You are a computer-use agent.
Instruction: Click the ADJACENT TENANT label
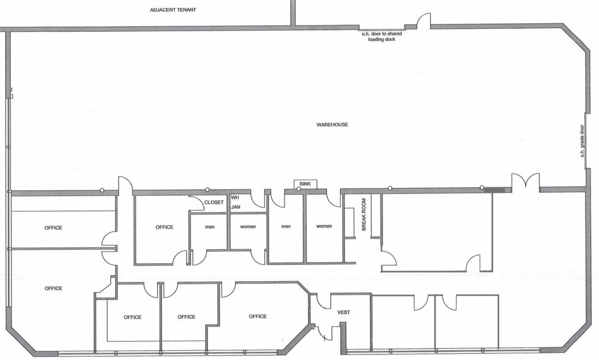tap(173, 10)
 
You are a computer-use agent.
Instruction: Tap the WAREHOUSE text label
tap(332, 124)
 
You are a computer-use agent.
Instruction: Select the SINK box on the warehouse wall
tap(305, 184)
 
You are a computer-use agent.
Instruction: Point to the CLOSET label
tap(214, 202)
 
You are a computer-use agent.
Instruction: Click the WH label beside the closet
tap(235, 198)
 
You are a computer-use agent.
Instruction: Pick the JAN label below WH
tap(236, 207)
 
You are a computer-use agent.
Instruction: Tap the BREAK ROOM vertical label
tap(363, 214)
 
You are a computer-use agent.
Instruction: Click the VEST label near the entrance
tap(343, 312)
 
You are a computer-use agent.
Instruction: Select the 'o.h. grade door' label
tap(582, 141)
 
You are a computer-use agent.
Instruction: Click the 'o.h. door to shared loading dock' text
tap(382, 36)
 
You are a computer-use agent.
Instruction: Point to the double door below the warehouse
tap(526, 181)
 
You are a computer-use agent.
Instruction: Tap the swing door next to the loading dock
tap(423, 21)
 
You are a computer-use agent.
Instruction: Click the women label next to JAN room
tap(248, 227)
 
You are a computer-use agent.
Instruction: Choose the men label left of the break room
tap(286, 227)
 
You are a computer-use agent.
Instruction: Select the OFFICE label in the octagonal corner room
tap(258, 317)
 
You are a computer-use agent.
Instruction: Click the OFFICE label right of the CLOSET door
tap(164, 227)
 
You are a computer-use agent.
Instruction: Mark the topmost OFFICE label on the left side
tap(53, 228)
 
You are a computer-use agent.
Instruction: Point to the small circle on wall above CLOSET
tap(207, 190)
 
